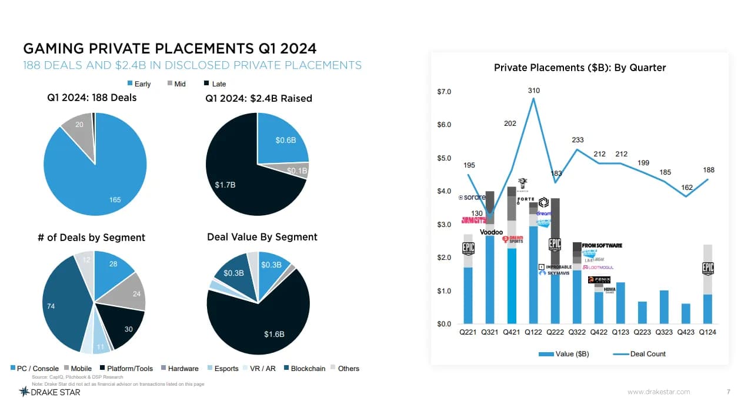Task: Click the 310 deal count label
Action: [x=533, y=91]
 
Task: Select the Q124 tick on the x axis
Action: [x=707, y=332]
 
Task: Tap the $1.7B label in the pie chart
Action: [x=225, y=185]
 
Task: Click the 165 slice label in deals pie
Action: [x=115, y=200]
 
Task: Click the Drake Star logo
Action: [x=49, y=392]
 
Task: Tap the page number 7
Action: [x=729, y=392]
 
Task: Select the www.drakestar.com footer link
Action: [x=659, y=392]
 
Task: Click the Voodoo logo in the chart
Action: [x=491, y=232]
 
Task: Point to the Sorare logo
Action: [x=472, y=198]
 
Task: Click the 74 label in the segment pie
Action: [x=51, y=306]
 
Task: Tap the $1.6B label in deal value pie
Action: [x=274, y=334]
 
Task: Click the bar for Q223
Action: [x=642, y=312]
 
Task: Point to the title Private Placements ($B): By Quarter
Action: [x=579, y=68]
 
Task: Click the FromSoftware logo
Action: [x=602, y=245]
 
